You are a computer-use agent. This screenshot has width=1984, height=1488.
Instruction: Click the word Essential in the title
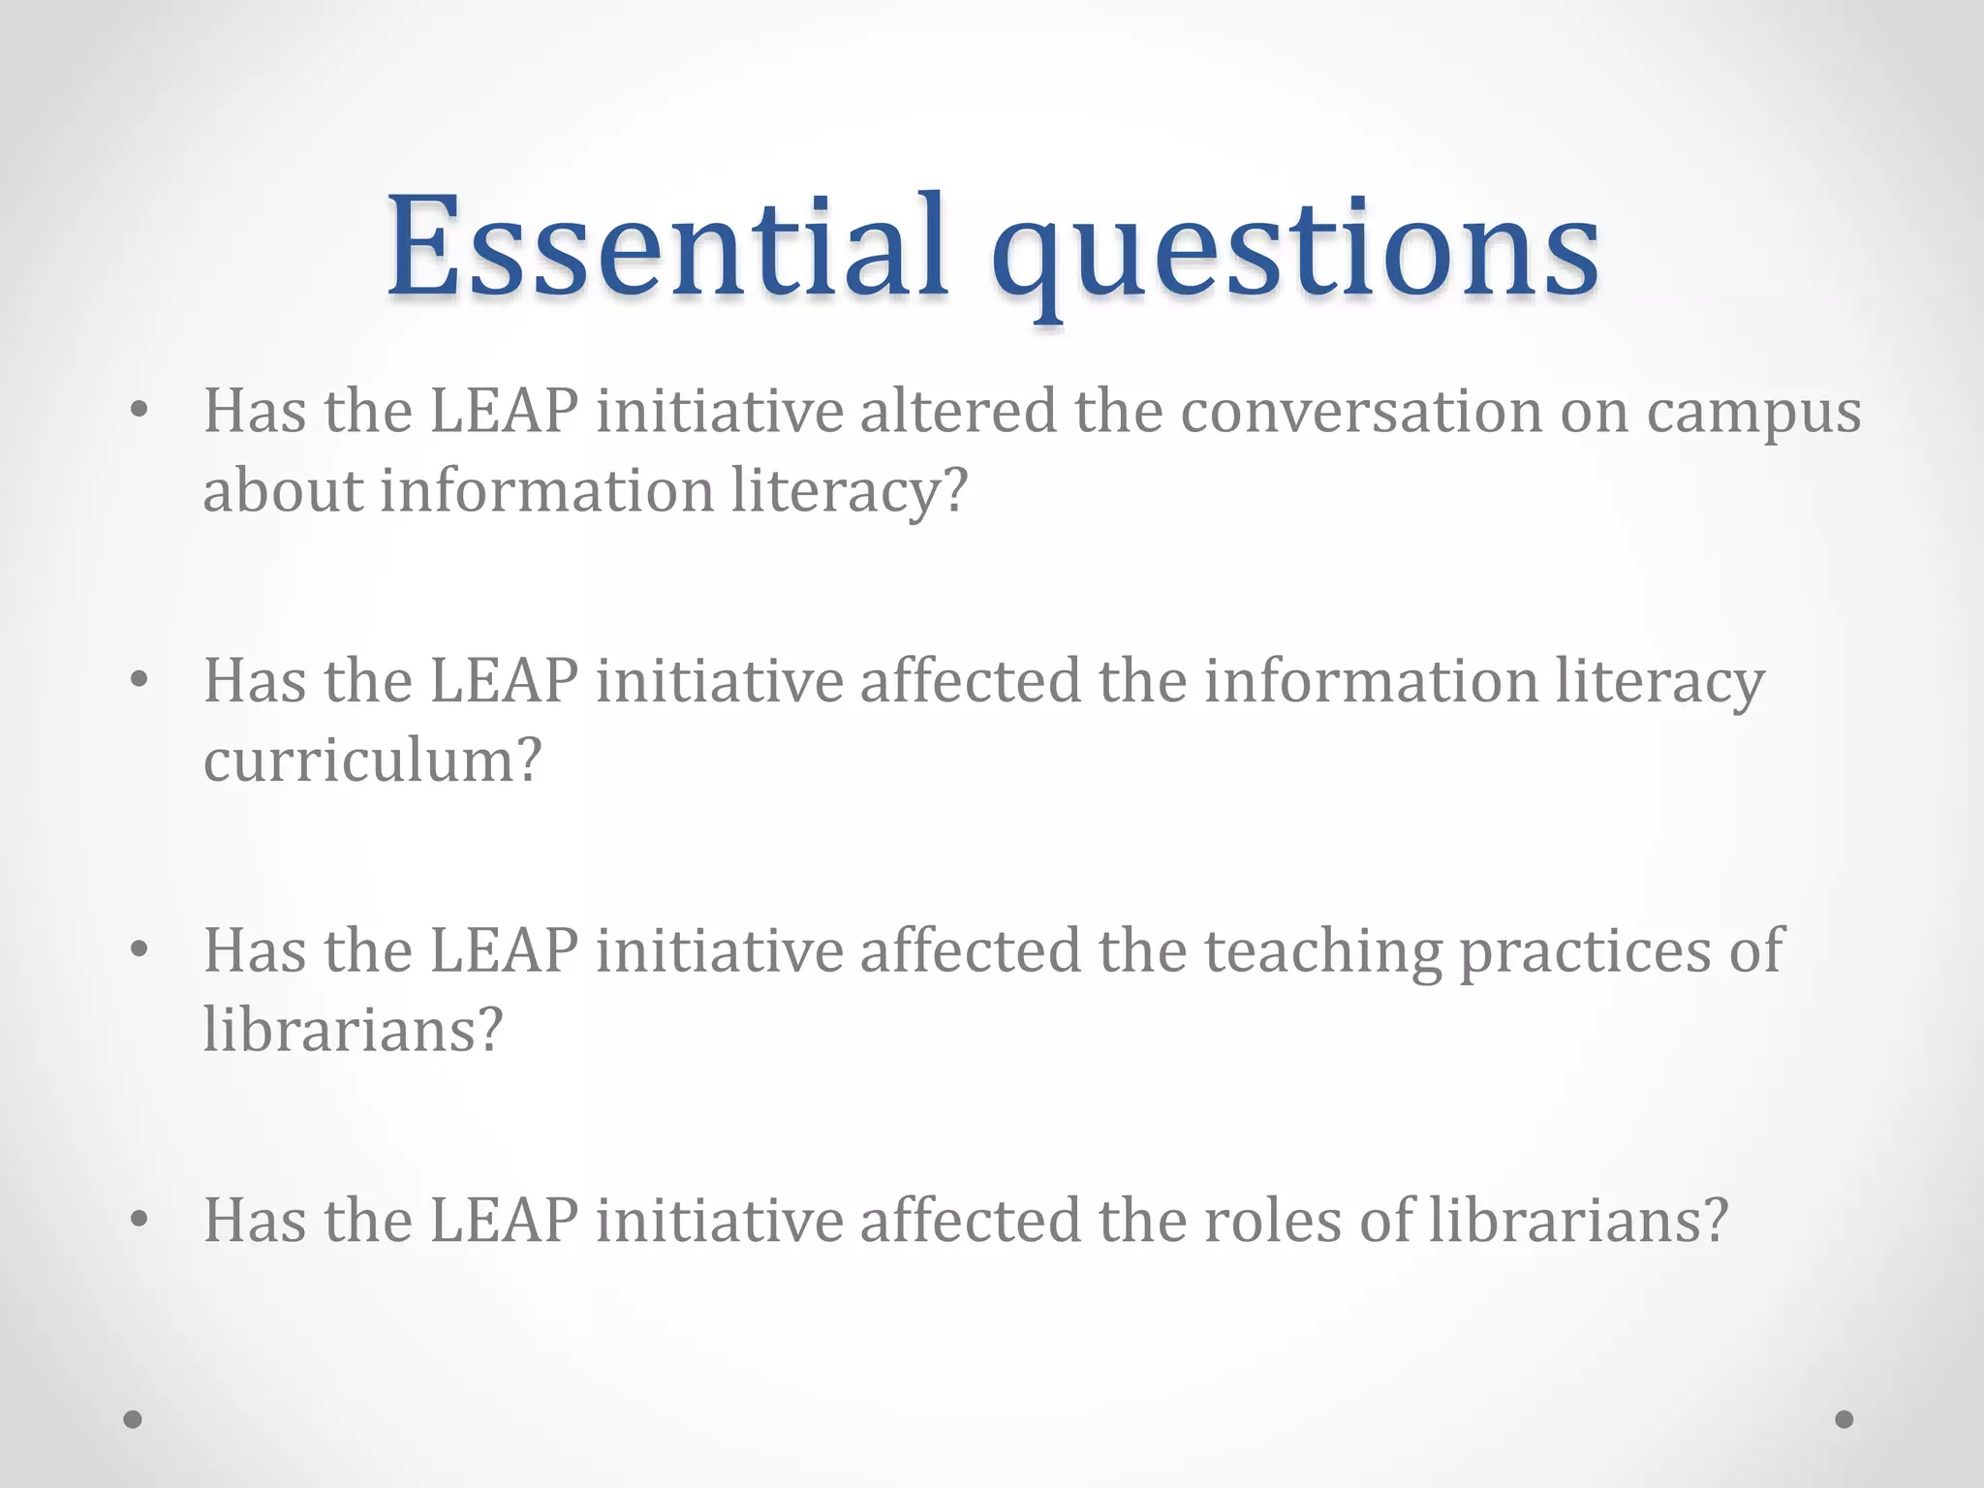click(x=666, y=247)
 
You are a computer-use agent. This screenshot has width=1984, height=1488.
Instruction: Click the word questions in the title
click(x=1294, y=254)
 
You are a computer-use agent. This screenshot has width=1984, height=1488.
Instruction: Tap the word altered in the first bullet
click(x=957, y=411)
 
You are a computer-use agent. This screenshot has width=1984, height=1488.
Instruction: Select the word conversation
click(x=1361, y=411)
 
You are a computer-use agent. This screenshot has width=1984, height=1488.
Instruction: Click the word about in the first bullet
click(x=282, y=489)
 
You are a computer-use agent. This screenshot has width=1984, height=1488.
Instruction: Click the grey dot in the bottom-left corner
click(x=133, y=1419)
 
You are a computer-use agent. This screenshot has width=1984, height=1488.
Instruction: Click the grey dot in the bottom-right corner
click(x=1844, y=1419)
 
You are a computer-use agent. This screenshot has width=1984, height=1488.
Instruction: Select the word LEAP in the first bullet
click(x=504, y=411)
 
